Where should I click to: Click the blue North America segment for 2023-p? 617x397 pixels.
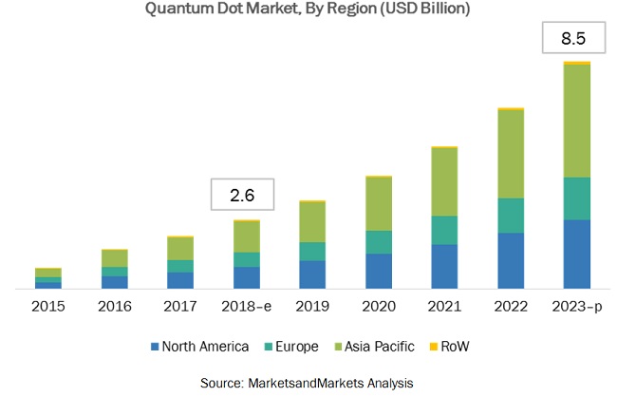tap(577, 254)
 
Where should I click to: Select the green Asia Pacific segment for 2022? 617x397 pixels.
tap(511, 154)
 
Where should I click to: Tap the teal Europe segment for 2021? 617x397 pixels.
tap(445, 230)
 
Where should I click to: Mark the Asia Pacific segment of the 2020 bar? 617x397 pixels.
tap(379, 204)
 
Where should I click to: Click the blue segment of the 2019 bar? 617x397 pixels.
tap(313, 274)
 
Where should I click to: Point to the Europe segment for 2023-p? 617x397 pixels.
tap(577, 198)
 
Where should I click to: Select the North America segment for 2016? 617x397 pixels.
tap(115, 282)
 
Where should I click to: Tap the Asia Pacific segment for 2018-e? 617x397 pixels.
tap(247, 236)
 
